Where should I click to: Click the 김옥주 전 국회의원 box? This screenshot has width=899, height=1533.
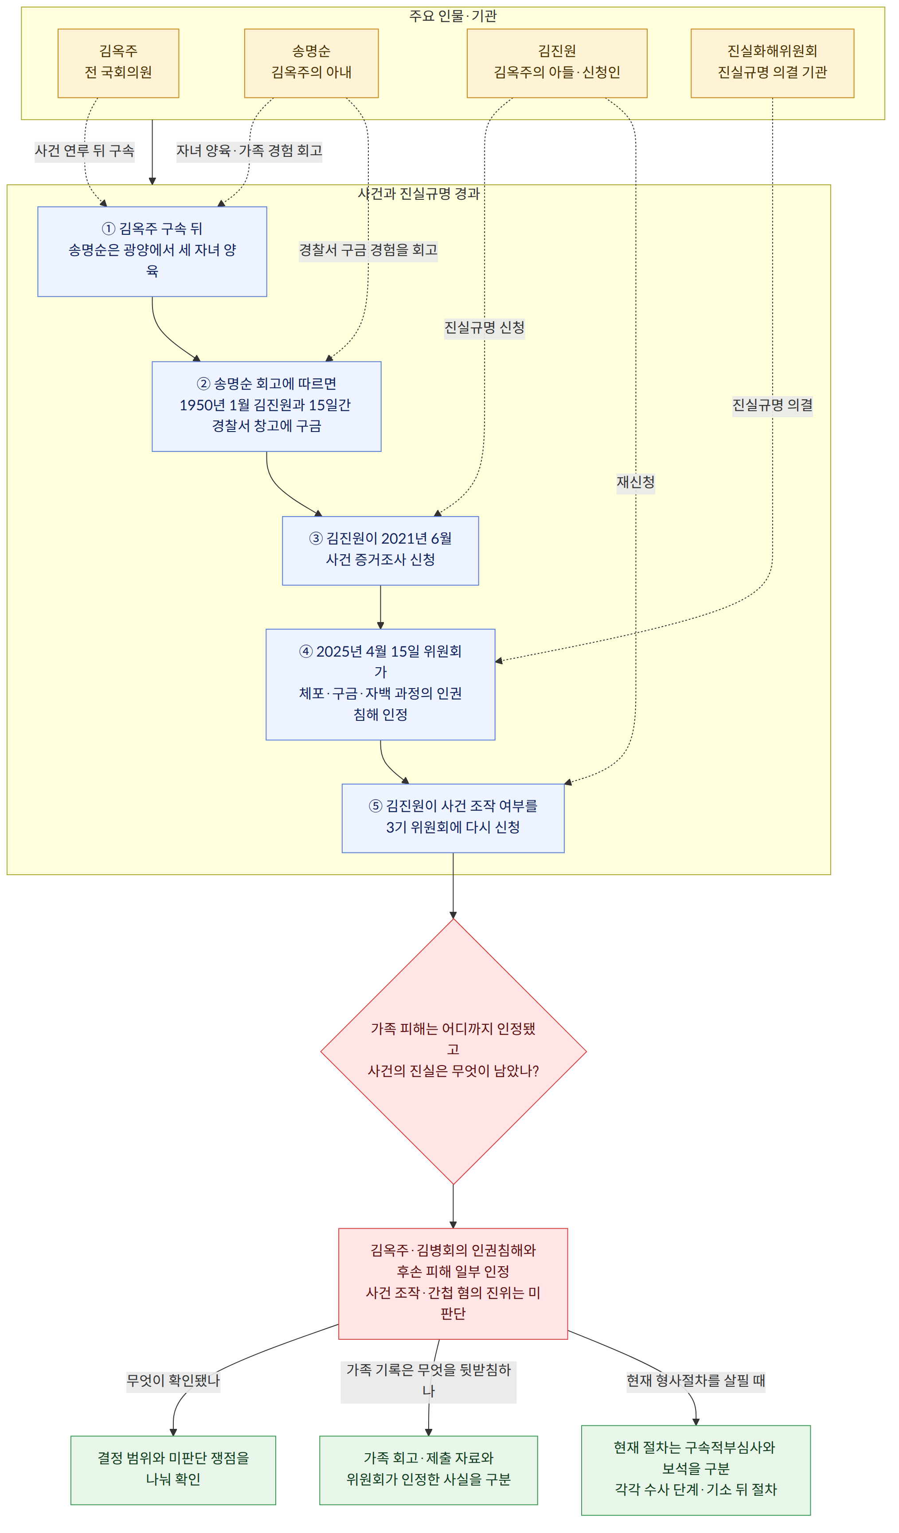pyautogui.click(x=118, y=63)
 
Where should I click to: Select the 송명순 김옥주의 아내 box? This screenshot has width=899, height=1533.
pyautogui.click(x=311, y=63)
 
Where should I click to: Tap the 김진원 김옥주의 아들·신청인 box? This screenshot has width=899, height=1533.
pyautogui.click(x=557, y=63)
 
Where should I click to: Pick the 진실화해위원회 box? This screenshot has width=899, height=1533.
pyautogui.click(x=772, y=63)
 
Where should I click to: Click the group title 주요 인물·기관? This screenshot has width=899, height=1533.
pyautogui.click(x=453, y=16)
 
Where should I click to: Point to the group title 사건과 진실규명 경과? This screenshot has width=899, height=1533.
pyautogui.click(x=419, y=194)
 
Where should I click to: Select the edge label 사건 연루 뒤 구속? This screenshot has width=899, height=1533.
pyautogui.click(x=85, y=150)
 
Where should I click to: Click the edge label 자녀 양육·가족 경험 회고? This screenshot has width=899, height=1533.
pyautogui.click(x=249, y=150)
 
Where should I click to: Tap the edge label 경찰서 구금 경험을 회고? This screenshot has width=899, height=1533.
pyautogui.click(x=368, y=249)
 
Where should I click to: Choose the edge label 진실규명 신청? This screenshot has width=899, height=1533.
pyautogui.click(x=485, y=327)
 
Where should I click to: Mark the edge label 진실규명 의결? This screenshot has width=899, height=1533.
pyautogui.click(x=772, y=405)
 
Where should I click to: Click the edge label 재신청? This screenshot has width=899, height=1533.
pyautogui.click(x=635, y=482)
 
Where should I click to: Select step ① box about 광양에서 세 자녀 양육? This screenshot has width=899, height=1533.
pyautogui.click(x=152, y=252)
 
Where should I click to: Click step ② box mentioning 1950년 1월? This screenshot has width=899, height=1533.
pyautogui.click(x=266, y=406)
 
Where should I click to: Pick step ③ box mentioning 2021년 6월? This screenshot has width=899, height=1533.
pyautogui.click(x=380, y=551)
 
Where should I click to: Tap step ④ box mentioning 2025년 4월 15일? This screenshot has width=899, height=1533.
pyautogui.click(x=380, y=685)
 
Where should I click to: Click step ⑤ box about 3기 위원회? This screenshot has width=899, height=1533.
pyautogui.click(x=453, y=818)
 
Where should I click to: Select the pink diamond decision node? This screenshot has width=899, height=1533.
pyautogui.click(x=453, y=1052)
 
